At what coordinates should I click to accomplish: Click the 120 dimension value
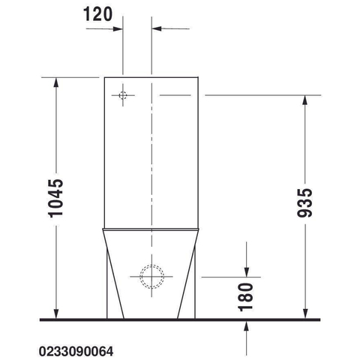point(97,14)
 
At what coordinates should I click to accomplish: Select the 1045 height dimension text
point(55,198)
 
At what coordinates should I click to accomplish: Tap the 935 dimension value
point(304,202)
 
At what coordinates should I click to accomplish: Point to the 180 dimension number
point(246,297)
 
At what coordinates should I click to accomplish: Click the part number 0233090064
point(76,352)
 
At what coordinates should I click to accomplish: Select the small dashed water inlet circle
point(123,95)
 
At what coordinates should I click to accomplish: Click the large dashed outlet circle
point(151,277)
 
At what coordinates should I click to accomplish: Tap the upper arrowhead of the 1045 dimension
point(56,82)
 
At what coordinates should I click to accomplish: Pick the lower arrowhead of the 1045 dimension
point(56,314)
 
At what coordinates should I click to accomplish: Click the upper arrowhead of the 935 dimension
point(304,100)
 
